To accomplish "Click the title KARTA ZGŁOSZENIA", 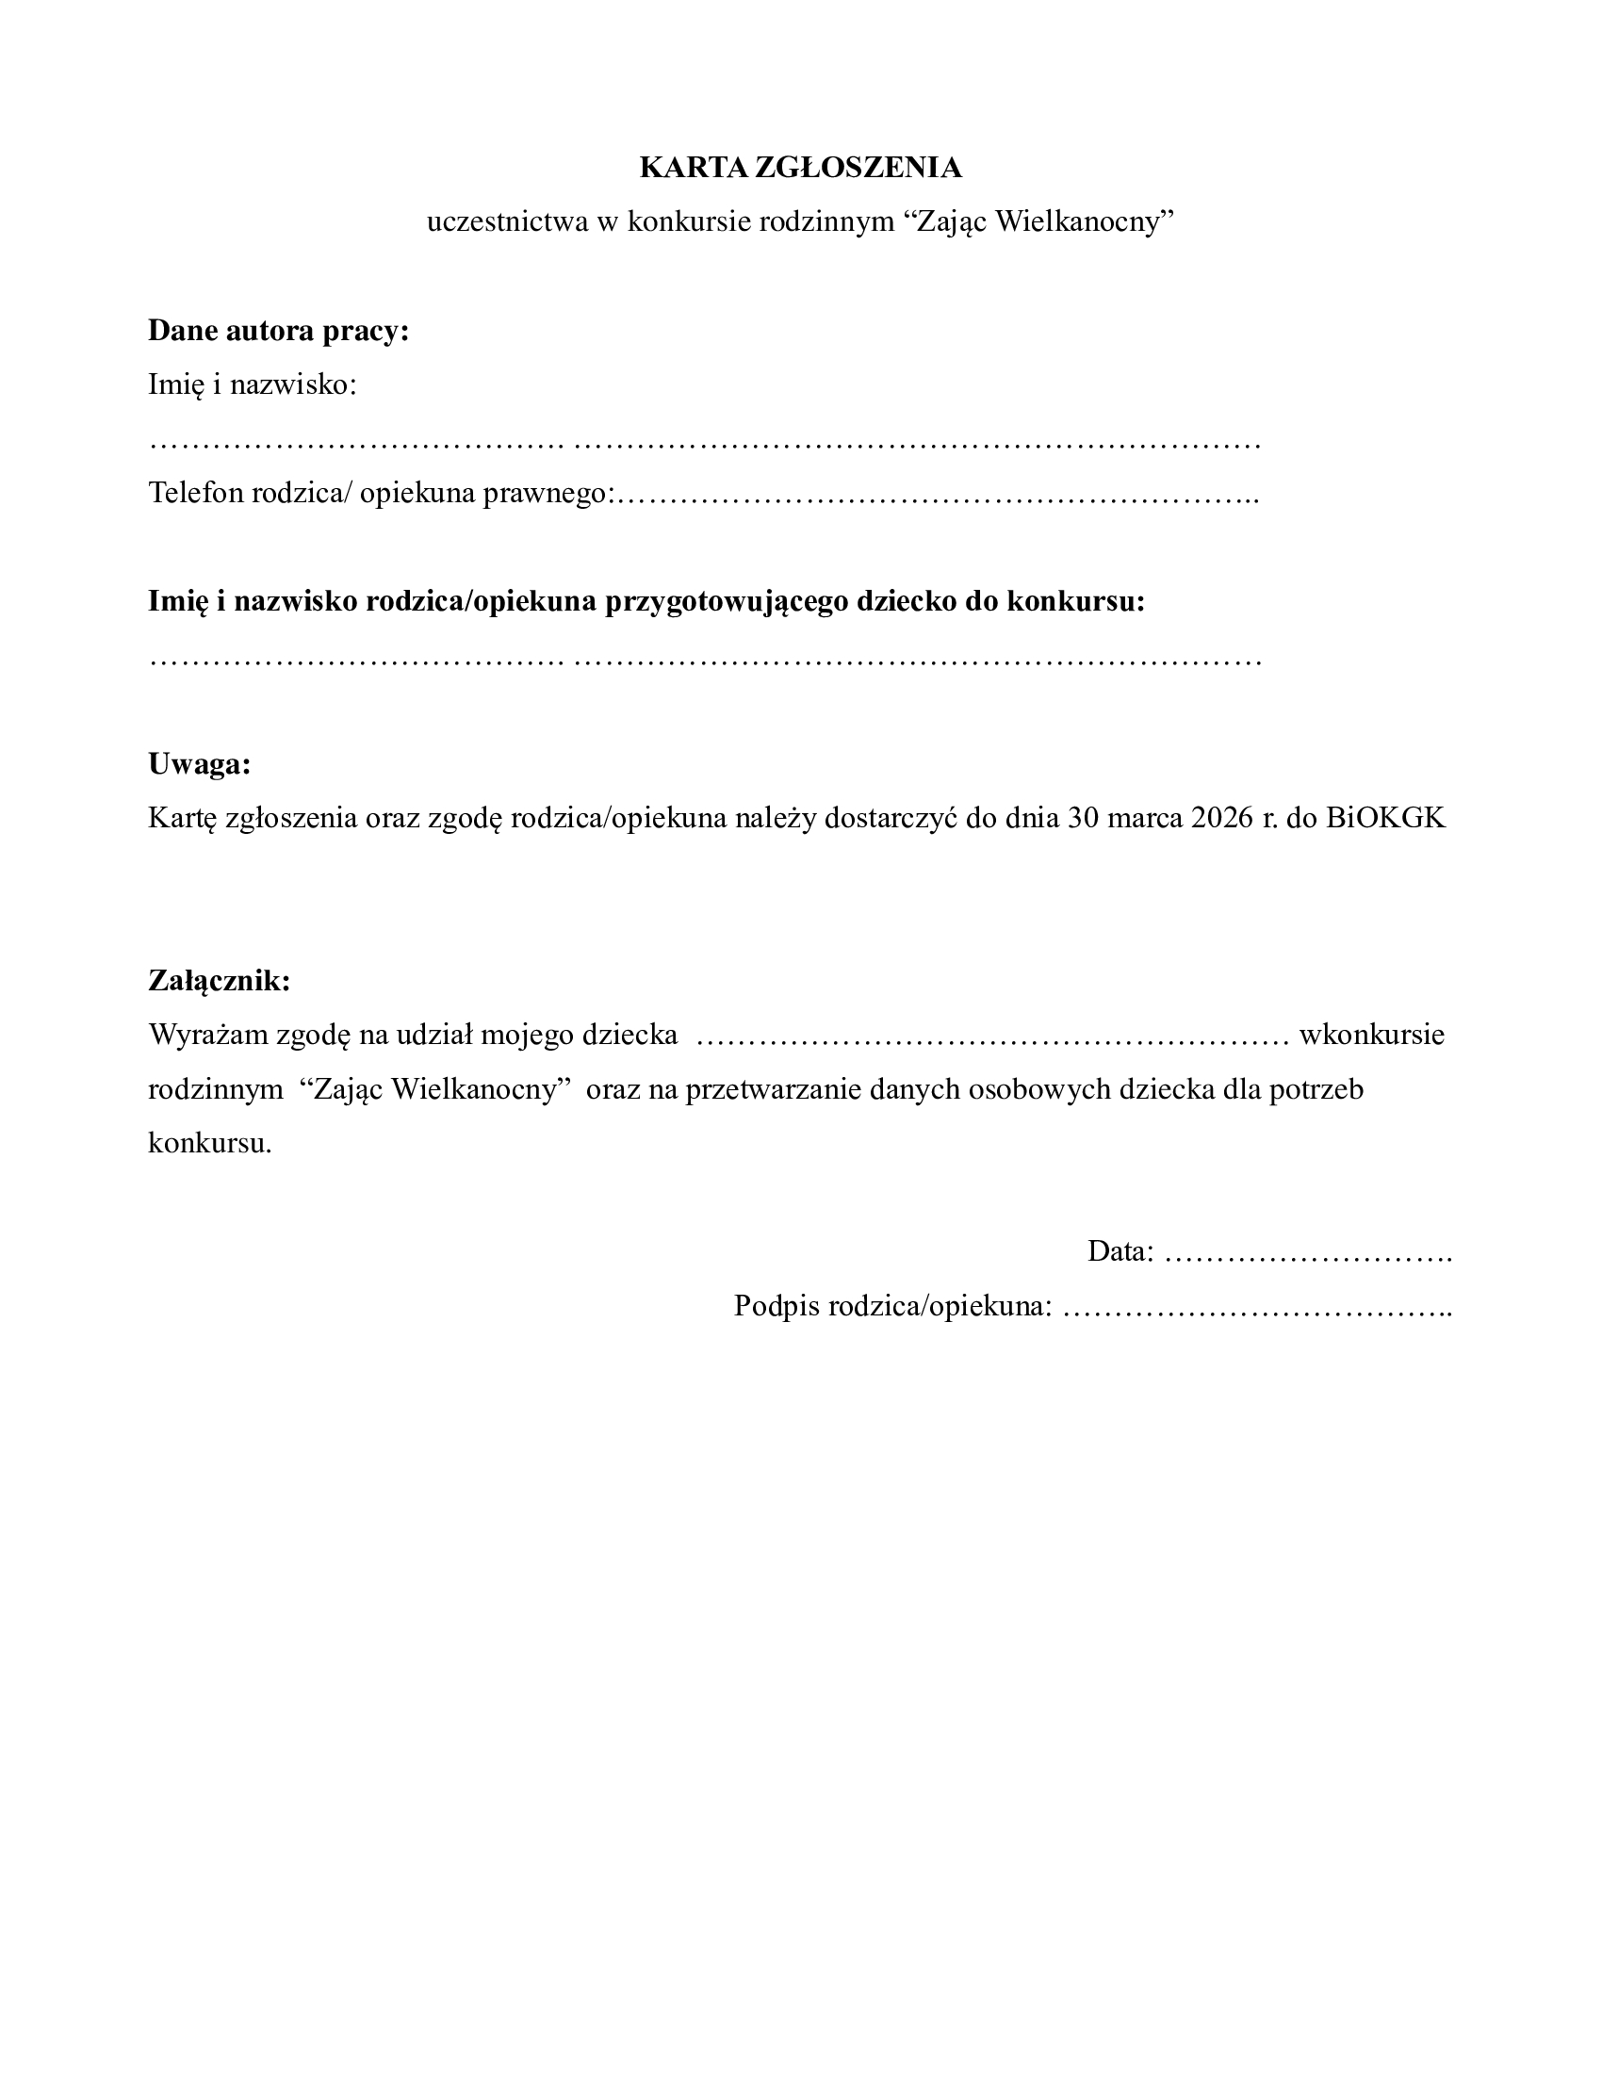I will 800,168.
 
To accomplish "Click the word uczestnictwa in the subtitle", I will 507,222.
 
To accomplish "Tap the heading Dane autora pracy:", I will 278,331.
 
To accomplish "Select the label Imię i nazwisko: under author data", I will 252,385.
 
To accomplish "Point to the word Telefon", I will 195,494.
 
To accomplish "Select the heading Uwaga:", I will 199,764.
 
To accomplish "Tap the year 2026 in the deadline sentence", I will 1222,818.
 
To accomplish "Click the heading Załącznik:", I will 220,981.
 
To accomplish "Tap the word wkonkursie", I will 1371,1035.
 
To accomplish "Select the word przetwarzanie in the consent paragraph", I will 768,1088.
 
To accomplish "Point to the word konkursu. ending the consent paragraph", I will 210,1143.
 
